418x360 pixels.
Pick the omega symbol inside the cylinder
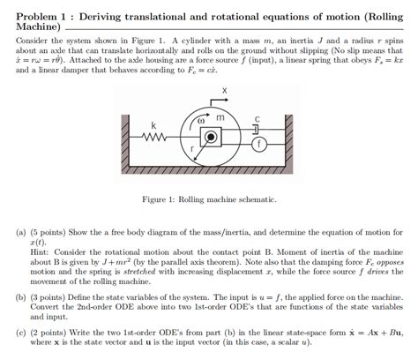[x=200, y=118]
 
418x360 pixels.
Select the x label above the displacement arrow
[x=224, y=90]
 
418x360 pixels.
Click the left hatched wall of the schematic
[x=126, y=137]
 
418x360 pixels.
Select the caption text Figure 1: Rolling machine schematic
[x=209, y=199]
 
